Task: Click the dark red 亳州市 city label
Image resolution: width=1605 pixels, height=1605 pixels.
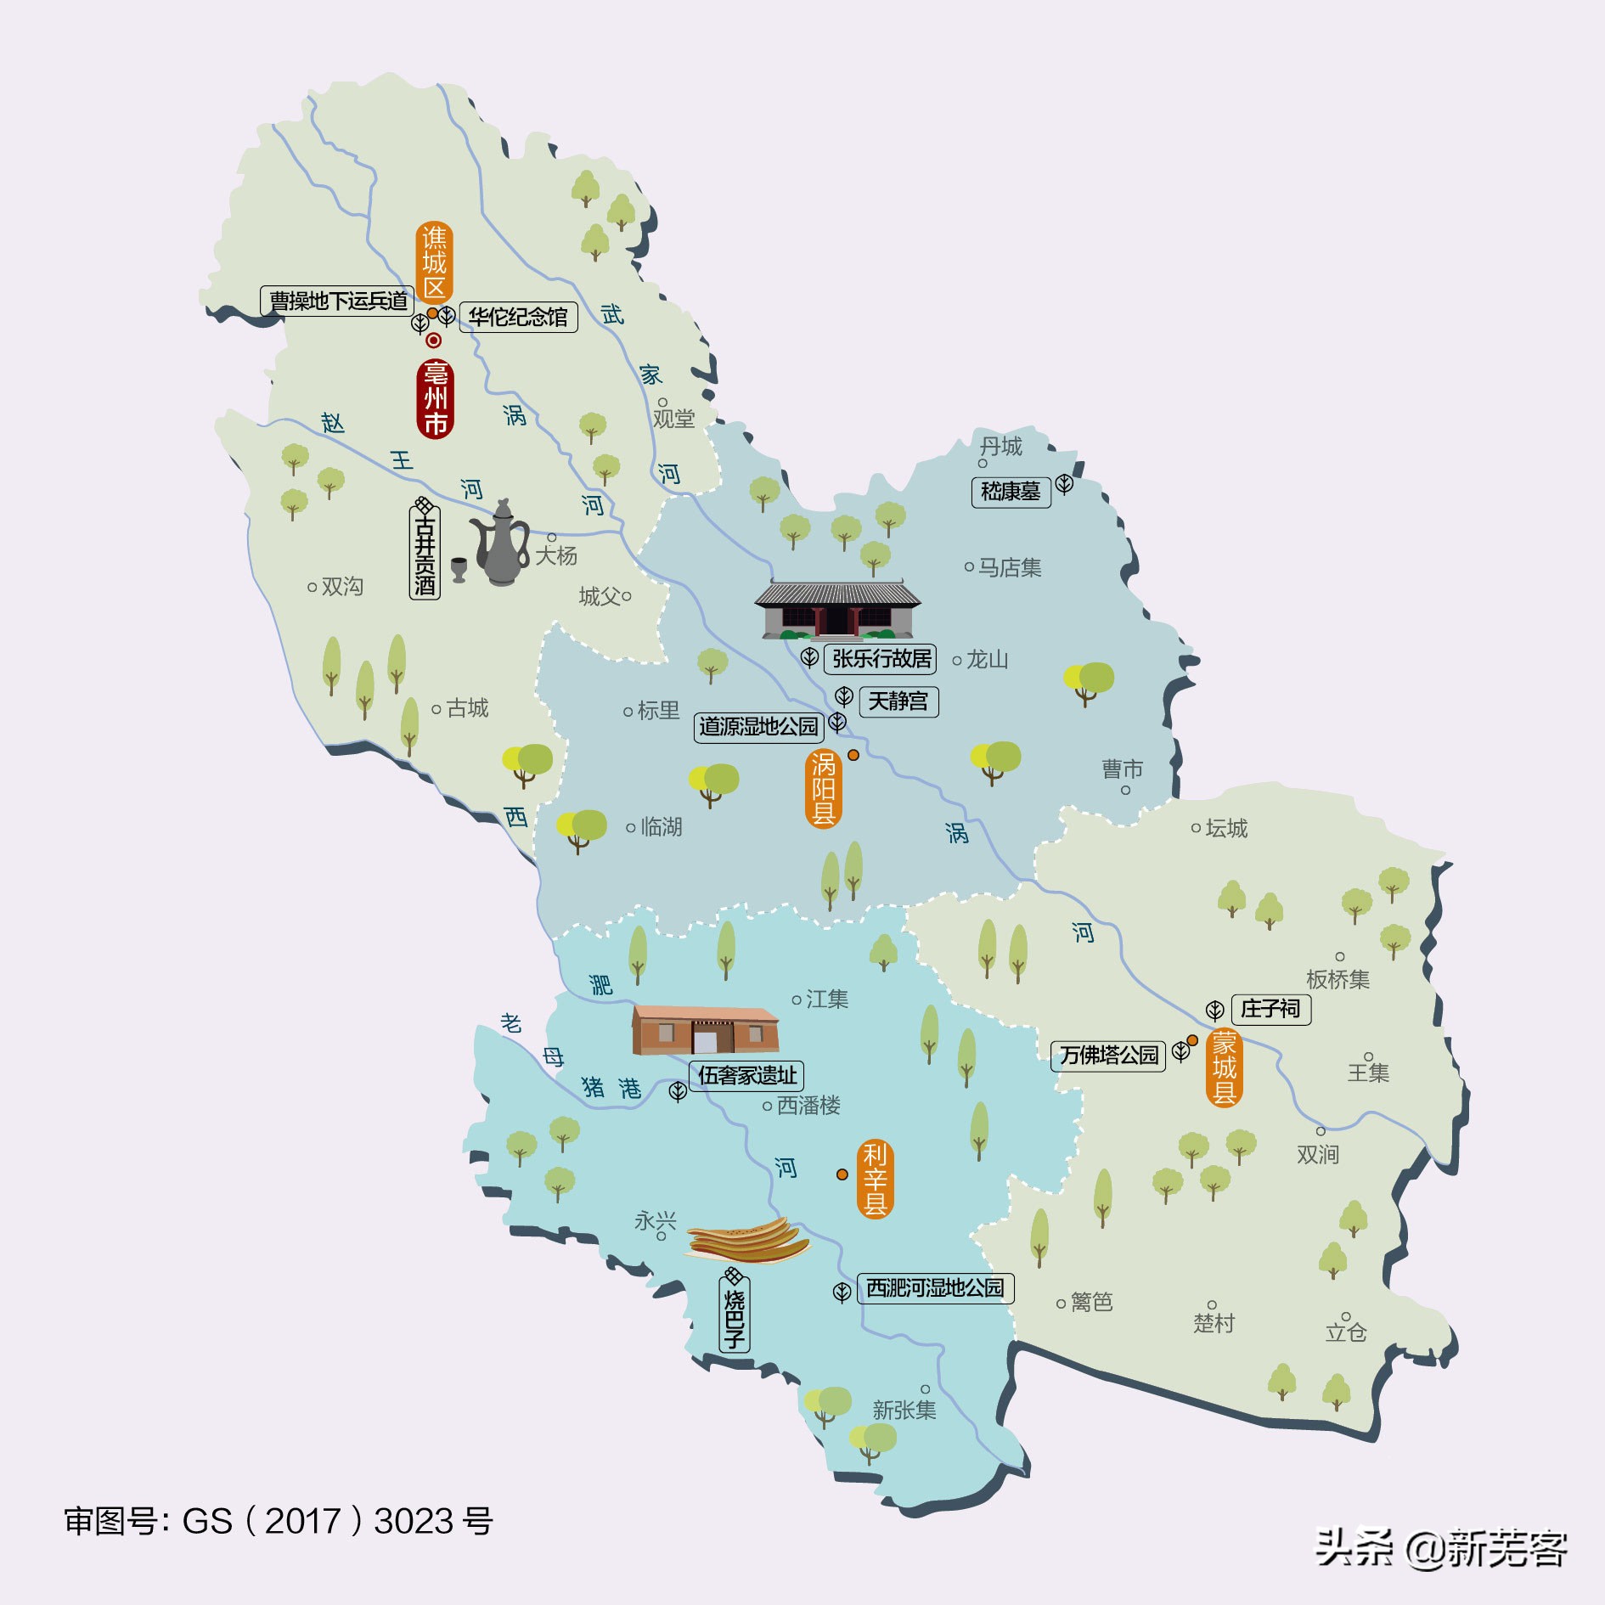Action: [436, 399]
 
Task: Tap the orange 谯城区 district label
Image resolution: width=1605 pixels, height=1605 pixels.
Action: [434, 262]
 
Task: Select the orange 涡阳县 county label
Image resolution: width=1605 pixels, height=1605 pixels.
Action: [823, 789]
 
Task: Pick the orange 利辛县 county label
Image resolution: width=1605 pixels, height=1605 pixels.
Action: [875, 1179]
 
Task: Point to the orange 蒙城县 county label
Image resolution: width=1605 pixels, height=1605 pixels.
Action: [1224, 1067]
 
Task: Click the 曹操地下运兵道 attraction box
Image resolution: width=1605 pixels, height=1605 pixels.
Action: [337, 301]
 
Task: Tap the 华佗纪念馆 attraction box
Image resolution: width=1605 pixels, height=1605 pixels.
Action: [518, 318]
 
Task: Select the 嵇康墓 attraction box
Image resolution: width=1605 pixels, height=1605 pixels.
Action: [1011, 492]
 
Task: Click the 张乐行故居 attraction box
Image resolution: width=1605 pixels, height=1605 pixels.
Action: [881, 659]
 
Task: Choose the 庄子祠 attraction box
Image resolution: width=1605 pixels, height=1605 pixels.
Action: [1270, 1009]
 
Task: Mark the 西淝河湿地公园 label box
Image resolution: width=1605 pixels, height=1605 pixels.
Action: [935, 1288]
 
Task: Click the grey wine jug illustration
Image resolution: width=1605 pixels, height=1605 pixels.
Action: [502, 543]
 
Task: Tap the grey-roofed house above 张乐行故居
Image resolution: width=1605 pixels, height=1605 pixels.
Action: [837, 610]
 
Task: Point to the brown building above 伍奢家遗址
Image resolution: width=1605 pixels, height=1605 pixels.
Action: [705, 1029]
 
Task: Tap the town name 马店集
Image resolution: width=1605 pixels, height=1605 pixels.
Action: [1009, 567]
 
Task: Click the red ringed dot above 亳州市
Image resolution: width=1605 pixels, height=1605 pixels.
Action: [433, 341]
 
